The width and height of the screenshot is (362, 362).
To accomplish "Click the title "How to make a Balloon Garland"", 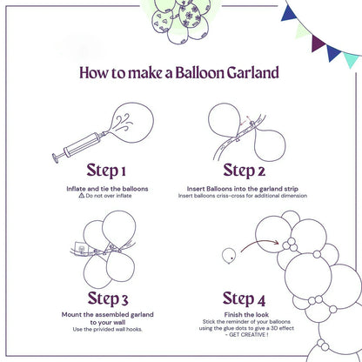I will click(x=180, y=72).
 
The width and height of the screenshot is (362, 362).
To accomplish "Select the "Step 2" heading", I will click(x=251, y=169).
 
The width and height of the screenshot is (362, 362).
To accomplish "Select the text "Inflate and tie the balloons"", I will click(x=107, y=188).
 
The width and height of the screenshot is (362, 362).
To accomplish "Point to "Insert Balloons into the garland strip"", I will click(x=252, y=188).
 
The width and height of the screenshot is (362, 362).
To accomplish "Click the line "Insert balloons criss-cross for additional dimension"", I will click(x=252, y=196).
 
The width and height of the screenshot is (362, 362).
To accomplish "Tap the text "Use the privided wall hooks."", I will click(x=107, y=328).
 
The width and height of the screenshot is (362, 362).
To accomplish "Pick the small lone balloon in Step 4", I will click(x=229, y=256).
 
